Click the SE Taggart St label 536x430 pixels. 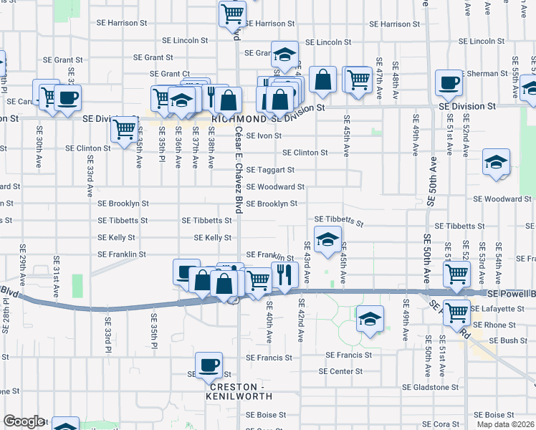coord(270,170)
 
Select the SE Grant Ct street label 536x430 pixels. coord(170,74)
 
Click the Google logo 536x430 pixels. coord(24,421)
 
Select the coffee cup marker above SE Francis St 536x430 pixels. coord(209,365)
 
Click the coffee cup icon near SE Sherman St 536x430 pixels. coord(449,82)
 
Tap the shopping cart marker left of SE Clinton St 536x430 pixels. coord(125,130)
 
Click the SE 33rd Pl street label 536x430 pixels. coord(108,335)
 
